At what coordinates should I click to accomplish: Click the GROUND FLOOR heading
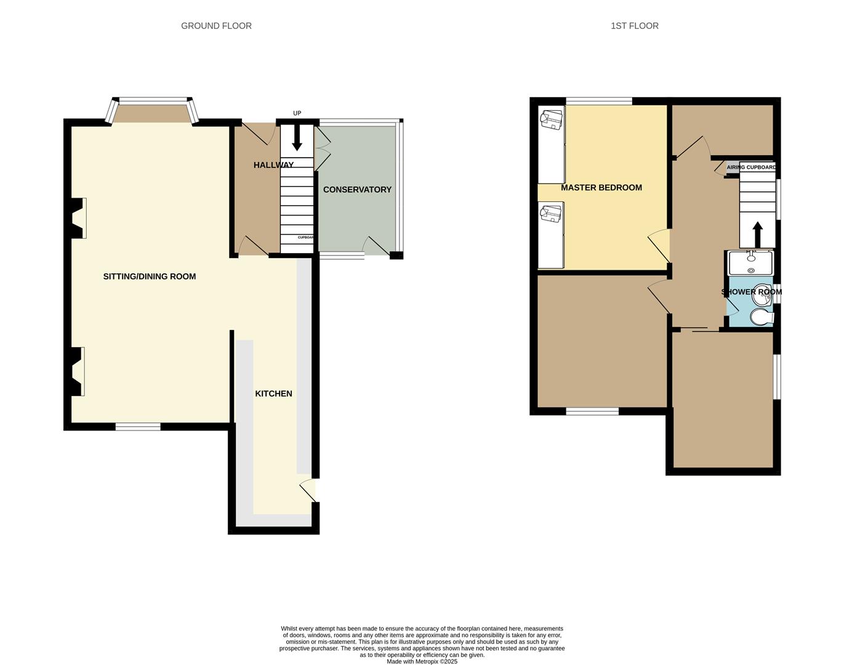pyautogui.click(x=216, y=26)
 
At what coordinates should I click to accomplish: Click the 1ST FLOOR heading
pyautogui.click(x=634, y=26)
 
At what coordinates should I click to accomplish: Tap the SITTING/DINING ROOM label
pyautogui.click(x=150, y=276)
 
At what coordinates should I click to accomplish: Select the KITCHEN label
pyautogui.click(x=274, y=393)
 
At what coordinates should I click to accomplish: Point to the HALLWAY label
pyautogui.click(x=273, y=165)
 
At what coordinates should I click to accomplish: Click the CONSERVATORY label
pyautogui.click(x=357, y=190)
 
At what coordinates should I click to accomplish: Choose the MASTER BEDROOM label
pyautogui.click(x=601, y=188)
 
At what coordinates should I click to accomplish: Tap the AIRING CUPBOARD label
pyautogui.click(x=751, y=167)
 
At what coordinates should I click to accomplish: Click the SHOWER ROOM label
pyautogui.click(x=751, y=292)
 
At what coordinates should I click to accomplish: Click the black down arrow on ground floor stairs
pyautogui.click(x=297, y=138)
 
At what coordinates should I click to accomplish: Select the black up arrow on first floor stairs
pyautogui.click(x=757, y=235)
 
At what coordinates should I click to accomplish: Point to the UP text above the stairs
pyautogui.click(x=297, y=113)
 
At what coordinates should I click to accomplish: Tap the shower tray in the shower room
pyautogui.click(x=750, y=264)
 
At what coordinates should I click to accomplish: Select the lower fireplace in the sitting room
pyautogui.click(x=78, y=371)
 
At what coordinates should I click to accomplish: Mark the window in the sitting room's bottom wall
pyautogui.click(x=138, y=426)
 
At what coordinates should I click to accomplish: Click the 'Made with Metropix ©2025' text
pyautogui.click(x=422, y=661)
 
